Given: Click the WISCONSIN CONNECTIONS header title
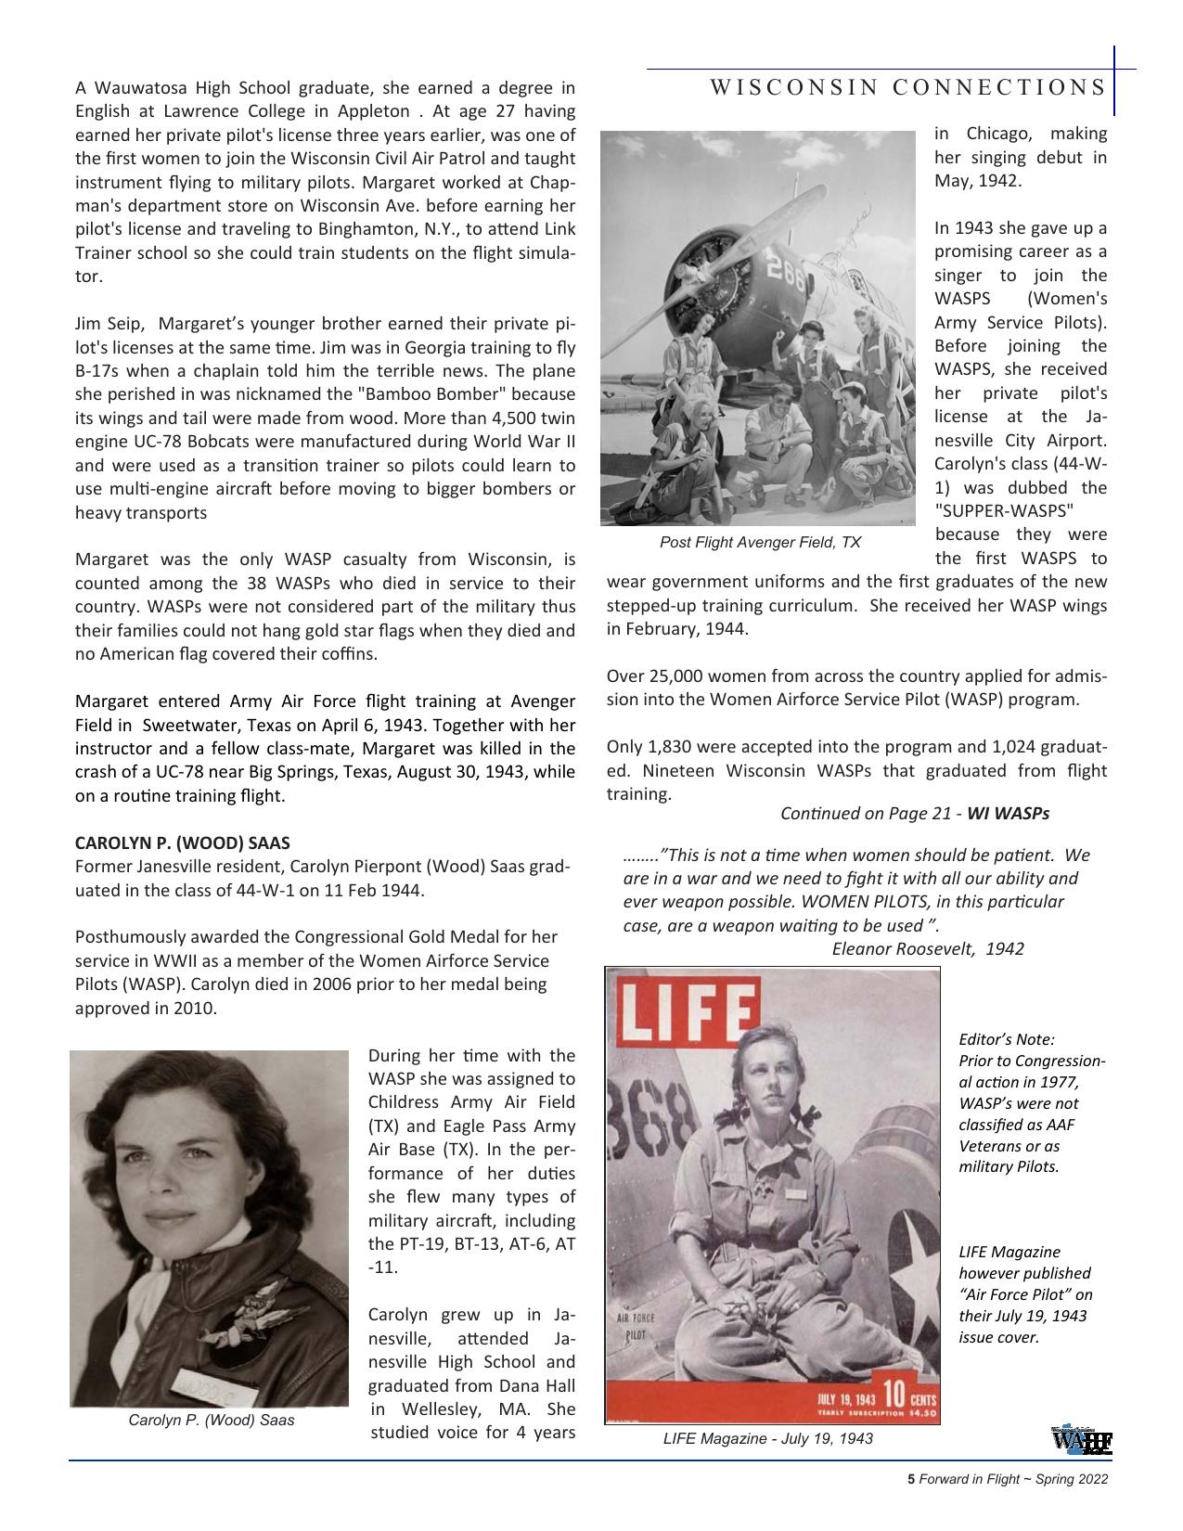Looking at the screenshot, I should click(x=907, y=87).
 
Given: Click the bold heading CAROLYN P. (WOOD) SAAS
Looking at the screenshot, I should click(x=182, y=843).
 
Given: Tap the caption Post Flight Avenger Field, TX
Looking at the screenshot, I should click(x=760, y=542).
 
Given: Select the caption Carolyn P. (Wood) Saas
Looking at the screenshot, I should click(x=211, y=1420).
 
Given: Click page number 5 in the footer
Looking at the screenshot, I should click(x=911, y=1480).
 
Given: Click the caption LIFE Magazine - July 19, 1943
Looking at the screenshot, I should click(x=767, y=1438).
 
